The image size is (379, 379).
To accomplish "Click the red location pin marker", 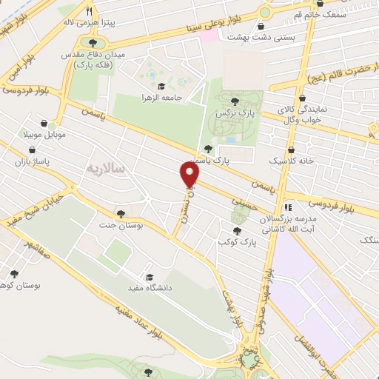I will point(190,175).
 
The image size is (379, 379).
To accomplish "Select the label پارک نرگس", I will point(229,113).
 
